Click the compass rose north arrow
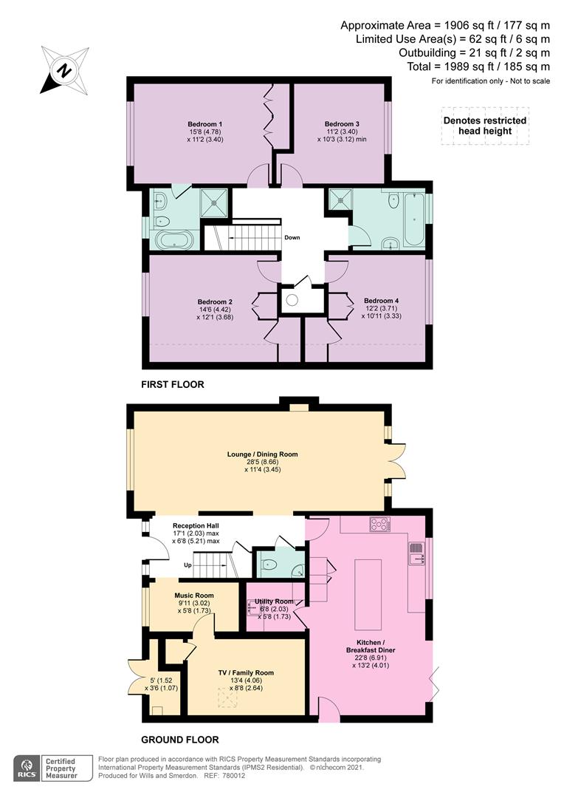coord(64,71)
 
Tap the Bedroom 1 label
coord(205,123)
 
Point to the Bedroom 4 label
coord(381,301)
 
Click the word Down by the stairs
coord(292,237)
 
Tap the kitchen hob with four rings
coord(380,525)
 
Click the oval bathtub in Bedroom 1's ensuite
coord(172,239)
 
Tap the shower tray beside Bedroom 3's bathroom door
coord(340,198)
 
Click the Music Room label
coord(194,596)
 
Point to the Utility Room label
coord(275,601)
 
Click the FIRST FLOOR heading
coord(173,384)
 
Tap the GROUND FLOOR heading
coord(181,739)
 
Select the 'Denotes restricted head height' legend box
coord(484,126)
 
